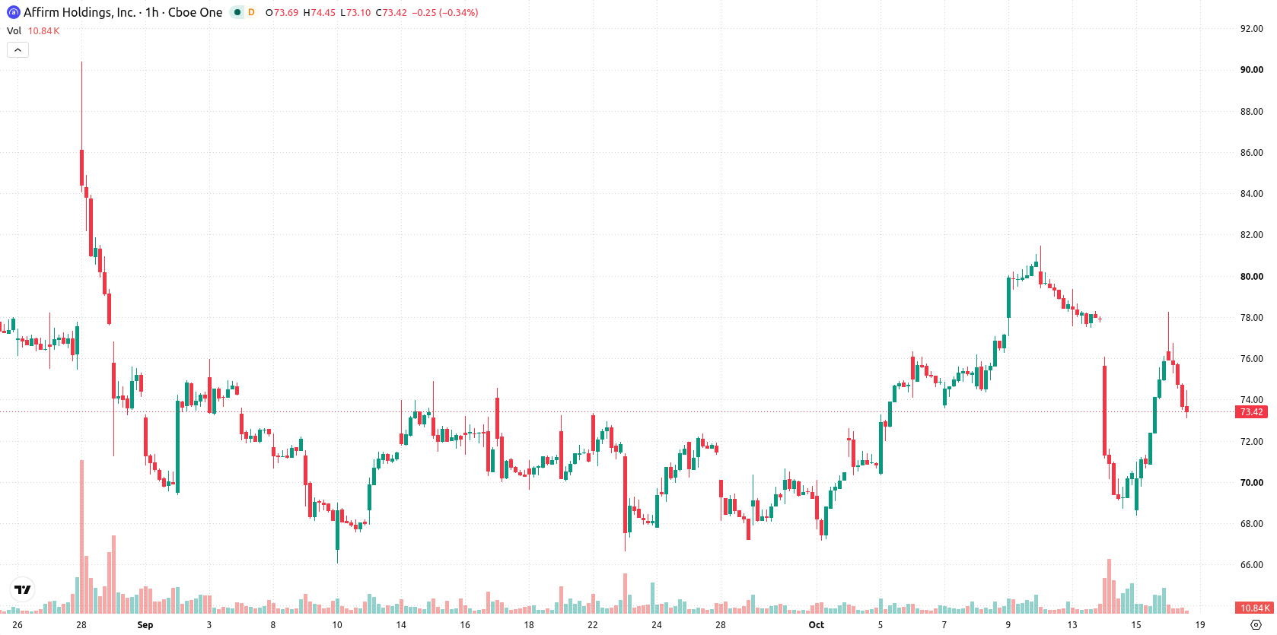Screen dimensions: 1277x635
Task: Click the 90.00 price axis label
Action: point(1251,70)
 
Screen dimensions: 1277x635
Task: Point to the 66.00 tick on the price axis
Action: point(1251,565)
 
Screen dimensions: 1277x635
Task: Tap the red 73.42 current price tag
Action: point(1251,411)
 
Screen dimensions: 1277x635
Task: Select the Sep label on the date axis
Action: point(145,625)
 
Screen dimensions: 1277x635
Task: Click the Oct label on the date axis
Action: point(816,625)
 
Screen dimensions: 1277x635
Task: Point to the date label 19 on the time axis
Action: point(1200,625)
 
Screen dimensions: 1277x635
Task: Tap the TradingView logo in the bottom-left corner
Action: point(23,589)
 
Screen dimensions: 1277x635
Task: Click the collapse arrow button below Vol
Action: point(18,50)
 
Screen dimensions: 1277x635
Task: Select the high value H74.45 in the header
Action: point(320,12)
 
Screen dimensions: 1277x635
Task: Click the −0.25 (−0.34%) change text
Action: point(444,12)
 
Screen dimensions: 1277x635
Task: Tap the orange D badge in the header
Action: point(251,12)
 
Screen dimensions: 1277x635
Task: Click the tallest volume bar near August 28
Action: point(81,536)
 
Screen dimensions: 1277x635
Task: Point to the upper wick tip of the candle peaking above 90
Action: point(81,62)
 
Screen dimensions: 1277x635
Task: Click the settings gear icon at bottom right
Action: point(1256,625)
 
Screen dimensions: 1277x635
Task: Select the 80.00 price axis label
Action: point(1251,277)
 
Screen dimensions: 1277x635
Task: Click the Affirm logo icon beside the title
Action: point(13,12)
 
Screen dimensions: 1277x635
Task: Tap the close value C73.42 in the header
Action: point(391,12)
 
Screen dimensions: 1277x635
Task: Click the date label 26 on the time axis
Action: point(18,625)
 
